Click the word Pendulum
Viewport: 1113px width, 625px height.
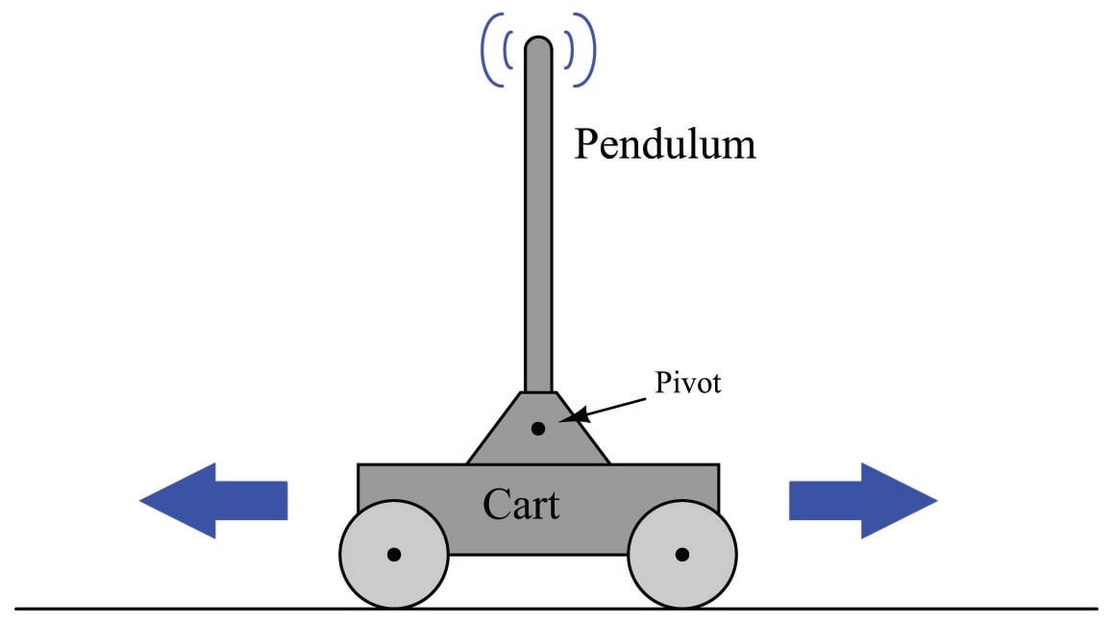pyautogui.click(x=664, y=146)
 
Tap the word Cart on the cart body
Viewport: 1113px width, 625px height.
pyautogui.click(x=521, y=504)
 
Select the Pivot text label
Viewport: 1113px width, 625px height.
pyautogui.click(x=688, y=383)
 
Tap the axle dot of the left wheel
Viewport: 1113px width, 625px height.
pyautogui.click(x=394, y=554)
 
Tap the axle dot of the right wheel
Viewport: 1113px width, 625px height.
pyautogui.click(x=682, y=554)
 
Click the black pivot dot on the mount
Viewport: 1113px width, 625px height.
pyautogui.click(x=538, y=428)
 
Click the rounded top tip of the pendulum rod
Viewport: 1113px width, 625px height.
pyautogui.click(x=538, y=44)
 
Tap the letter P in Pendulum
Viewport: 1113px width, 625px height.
pyautogui.click(x=586, y=145)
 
